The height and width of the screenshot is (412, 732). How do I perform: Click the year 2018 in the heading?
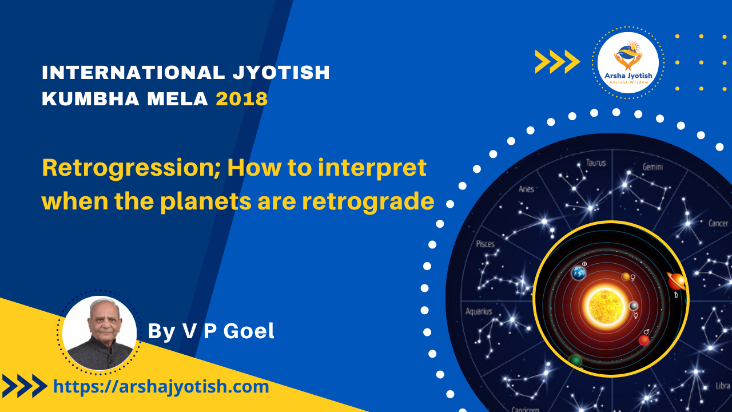click(x=242, y=99)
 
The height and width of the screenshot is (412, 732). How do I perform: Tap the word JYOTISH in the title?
click(x=281, y=72)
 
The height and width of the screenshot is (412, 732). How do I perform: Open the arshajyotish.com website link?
click(x=161, y=386)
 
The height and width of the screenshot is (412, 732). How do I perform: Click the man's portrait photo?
click(x=100, y=333)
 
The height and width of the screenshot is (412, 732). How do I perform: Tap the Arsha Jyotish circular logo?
click(x=628, y=62)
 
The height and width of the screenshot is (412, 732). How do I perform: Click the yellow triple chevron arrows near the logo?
click(x=557, y=61)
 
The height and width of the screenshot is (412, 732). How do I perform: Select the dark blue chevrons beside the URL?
click(x=25, y=386)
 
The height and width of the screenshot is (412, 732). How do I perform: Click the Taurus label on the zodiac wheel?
click(x=596, y=163)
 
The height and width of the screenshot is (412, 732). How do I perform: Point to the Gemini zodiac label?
click(x=653, y=167)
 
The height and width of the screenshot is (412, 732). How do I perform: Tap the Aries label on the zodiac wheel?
click(x=526, y=189)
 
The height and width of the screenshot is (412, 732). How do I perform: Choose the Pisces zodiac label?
click(x=486, y=244)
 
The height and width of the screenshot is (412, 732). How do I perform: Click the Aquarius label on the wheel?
click(x=479, y=311)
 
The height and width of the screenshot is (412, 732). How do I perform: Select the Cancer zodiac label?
click(x=718, y=223)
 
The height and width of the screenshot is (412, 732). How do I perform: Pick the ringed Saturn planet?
click(x=677, y=281)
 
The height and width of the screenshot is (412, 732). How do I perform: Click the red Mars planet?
click(x=644, y=340)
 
